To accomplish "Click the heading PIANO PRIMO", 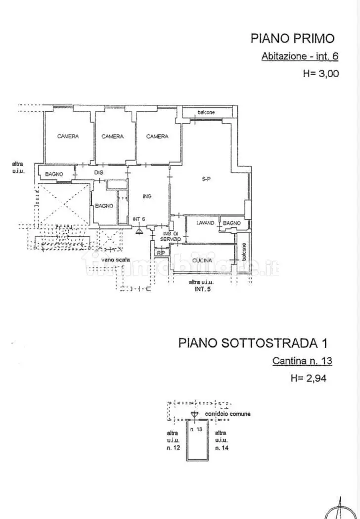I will click(293, 38).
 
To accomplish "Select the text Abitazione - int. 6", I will click(300, 56).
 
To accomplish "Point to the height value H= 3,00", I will click(320, 74).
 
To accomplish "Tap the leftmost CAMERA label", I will click(68, 136).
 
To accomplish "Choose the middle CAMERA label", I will click(112, 136).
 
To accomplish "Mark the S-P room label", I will click(206, 179).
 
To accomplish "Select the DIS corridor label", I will click(98, 173).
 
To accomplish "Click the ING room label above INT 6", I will click(147, 197).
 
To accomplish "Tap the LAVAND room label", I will click(205, 223).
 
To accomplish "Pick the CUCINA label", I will click(202, 260).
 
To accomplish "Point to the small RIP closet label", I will click(160, 253).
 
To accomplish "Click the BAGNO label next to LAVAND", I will click(231, 223).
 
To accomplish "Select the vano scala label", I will click(116, 259).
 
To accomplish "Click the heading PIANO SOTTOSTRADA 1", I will click(253, 343).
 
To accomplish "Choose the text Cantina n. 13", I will click(302, 361).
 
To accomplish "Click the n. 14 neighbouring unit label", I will click(221, 448).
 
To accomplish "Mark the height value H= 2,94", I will click(309, 379).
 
